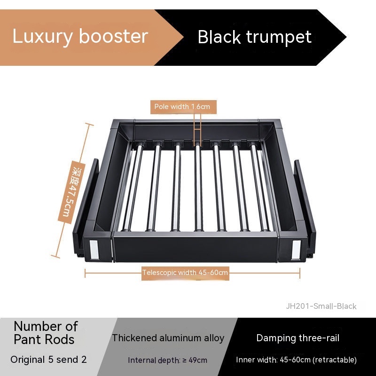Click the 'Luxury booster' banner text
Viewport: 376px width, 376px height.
[80, 36]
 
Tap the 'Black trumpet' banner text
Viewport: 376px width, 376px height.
[254, 37]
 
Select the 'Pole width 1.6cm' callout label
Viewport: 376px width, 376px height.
[182, 107]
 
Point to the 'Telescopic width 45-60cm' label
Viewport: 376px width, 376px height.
[185, 272]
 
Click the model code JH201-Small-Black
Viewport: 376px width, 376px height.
[321, 306]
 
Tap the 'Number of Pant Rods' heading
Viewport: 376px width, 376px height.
[45, 332]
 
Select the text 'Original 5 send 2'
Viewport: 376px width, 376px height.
[48, 360]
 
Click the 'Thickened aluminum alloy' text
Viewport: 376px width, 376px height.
[168, 338]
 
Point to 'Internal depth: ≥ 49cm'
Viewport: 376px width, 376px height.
[167, 360]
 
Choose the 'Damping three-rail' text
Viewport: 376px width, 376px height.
[298, 338]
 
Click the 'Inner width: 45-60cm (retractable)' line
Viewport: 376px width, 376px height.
[296, 360]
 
